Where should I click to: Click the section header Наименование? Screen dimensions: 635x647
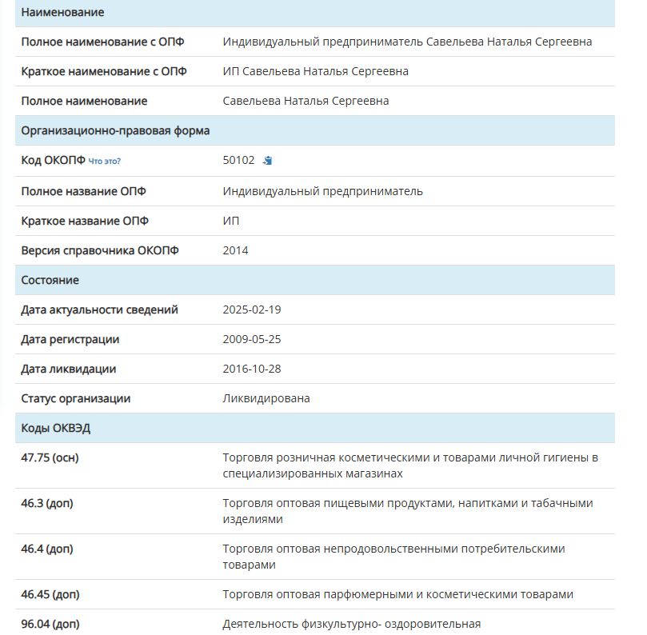point(62,13)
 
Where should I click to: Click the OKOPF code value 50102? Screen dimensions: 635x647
point(238,160)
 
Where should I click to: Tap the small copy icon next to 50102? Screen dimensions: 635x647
point(268,160)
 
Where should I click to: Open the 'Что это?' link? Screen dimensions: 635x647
point(105,161)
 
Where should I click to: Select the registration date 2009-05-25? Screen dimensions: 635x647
point(252,339)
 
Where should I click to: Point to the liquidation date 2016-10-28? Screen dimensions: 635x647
point(252,369)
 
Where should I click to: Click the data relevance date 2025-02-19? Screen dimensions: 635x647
point(252,310)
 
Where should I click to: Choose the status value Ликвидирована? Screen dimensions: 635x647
point(266,398)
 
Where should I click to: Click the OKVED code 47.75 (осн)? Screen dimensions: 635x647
point(50,457)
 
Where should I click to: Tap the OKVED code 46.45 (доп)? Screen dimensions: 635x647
point(50,594)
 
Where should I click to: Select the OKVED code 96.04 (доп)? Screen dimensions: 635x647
point(50,624)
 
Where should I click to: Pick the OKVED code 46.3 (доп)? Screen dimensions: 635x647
point(47,503)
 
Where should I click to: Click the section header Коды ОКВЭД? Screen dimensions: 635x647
point(56,428)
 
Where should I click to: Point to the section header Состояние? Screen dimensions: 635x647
point(50,280)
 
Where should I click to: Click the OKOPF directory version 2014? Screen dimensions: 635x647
point(236,250)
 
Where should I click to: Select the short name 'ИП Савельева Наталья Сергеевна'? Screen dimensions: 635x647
point(316,71)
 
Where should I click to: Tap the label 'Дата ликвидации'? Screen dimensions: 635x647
point(69,369)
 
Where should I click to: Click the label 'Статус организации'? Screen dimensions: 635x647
point(76,398)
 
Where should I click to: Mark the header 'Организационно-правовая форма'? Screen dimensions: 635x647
point(116,130)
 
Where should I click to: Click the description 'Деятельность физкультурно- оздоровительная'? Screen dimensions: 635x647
point(352,624)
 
